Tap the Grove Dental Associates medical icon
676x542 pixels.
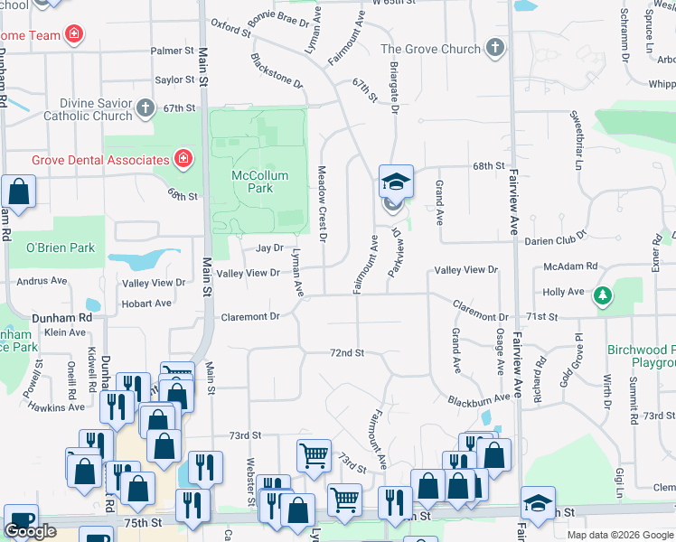pyautogui.click(x=183, y=160)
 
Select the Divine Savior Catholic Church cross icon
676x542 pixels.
pyautogui.click(x=146, y=109)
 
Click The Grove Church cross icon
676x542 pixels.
pyautogui.click(x=493, y=48)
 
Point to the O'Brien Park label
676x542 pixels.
pyautogui.click(x=61, y=248)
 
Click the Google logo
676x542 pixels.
pyautogui.click(x=30, y=531)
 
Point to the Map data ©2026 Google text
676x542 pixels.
pyautogui.click(x=619, y=535)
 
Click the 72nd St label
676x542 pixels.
pyautogui.click(x=346, y=352)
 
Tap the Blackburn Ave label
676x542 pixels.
pyautogui.click(x=479, y=398)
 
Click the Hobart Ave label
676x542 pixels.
pyautogui.click(x=146, y=304)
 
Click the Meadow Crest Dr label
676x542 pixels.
pyautogui.click(x=322, y=204)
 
